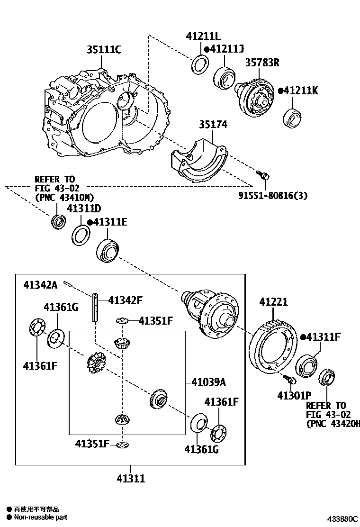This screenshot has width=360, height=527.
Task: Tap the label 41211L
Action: point(203,36)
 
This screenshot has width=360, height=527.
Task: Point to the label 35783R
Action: point(262,62)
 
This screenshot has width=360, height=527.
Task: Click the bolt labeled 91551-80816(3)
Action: point(264,175)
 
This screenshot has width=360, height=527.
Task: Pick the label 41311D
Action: point(83,209)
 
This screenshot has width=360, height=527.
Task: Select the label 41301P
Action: point(294,394)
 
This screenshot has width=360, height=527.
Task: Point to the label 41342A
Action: point(40,284)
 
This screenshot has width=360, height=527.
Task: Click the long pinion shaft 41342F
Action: point(95,307)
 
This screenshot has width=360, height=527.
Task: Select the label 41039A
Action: point(208,382)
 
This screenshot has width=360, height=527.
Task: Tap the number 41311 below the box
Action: point(131,479)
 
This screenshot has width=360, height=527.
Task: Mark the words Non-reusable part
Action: point(40,518)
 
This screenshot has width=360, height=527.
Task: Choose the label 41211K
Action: point(301,91)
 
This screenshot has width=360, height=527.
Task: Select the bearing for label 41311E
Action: point(108,249)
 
